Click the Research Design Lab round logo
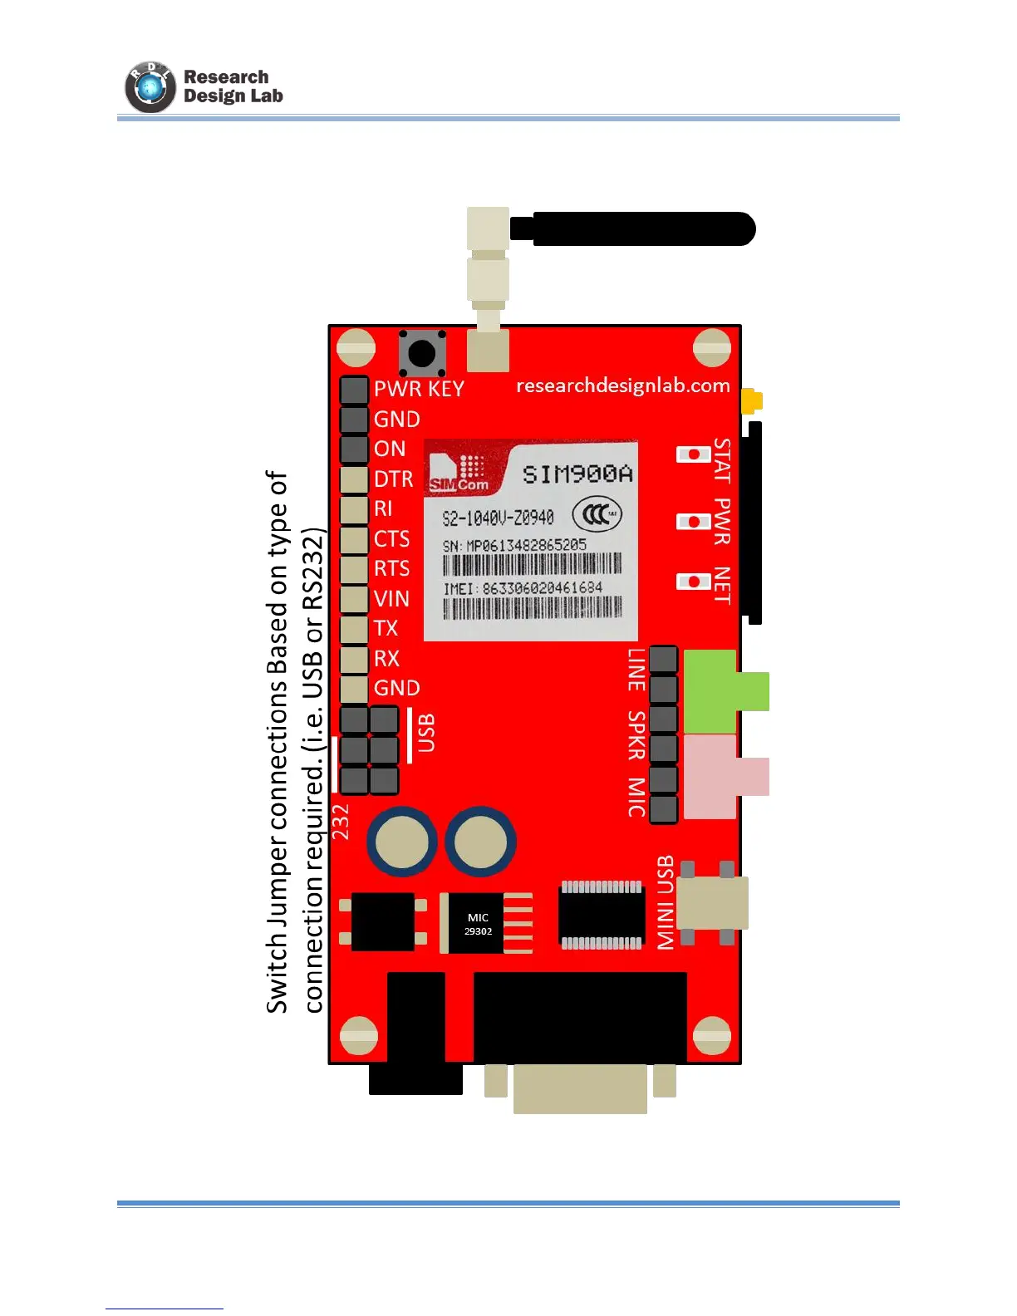pos(150,87)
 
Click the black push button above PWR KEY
pos(422,353)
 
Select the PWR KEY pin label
pos(419,389)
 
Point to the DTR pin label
pos(393,479)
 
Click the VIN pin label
pos(391,599)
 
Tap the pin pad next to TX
pos(355,629)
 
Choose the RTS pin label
pos(391,569)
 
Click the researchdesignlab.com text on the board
pos(622,385)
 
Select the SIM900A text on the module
pos(577,474)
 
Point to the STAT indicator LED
pos(693,454)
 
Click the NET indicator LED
pos(693,582)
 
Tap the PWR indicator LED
pos(693,522)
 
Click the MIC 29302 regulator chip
pos(478,924)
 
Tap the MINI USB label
pos(666,902)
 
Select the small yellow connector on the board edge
pos(752,401)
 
